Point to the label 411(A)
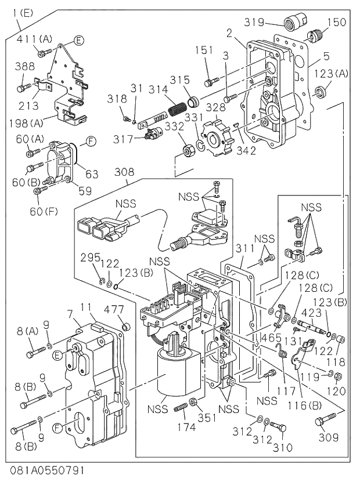(x=34, y=39)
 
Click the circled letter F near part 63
(x=92, y=140)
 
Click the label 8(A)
(x=27, y=331)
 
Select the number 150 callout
(x=337, y=22)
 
